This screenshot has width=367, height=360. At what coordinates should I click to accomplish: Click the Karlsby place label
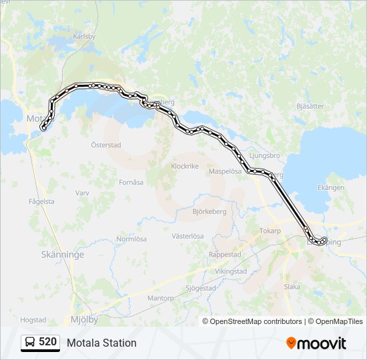(85, 37)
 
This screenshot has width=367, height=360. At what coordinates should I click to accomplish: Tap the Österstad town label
(106, 144)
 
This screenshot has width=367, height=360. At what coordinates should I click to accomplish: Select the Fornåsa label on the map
(131, 182)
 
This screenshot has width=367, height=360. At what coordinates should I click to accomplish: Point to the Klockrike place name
(185, 167)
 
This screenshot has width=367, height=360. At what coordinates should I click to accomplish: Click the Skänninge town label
(63, 255)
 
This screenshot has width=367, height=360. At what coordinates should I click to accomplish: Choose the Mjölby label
(84, 319)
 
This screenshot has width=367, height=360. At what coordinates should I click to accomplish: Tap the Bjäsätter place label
(310, 106)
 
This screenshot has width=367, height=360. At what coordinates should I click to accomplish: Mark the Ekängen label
(332, 188)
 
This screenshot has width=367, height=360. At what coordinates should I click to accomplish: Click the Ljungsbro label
(263, 155)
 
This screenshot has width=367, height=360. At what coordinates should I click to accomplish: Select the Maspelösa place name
(225, 171)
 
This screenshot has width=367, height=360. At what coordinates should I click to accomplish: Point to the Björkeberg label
(210, 211)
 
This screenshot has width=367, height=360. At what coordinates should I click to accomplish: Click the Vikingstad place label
(231, 271)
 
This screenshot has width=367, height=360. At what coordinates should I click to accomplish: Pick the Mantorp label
(160, 298)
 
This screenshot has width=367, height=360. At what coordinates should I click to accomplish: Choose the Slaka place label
(292, 287)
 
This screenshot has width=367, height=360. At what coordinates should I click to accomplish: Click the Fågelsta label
(41, 201)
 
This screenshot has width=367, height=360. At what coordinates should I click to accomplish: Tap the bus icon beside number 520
(30, 343)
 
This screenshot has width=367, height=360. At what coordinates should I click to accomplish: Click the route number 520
(47, 342)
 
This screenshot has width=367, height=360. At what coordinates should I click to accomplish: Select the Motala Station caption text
(101, 343)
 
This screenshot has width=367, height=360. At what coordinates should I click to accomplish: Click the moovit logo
(316, 343)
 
